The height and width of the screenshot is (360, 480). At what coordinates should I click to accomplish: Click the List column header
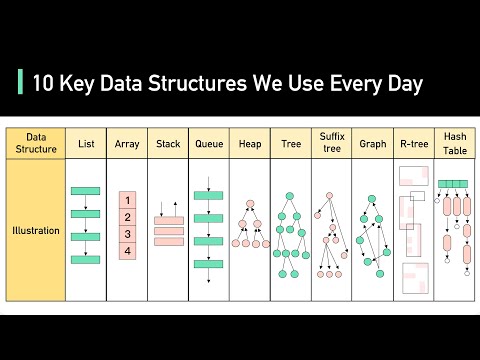coord(86,144)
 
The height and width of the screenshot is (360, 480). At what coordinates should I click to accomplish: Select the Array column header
coord(127,144)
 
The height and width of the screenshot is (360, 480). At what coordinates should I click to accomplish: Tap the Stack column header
coord(168,144)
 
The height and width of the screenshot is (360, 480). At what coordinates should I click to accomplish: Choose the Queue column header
coord(209,144)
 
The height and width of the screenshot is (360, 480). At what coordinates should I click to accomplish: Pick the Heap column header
coord(250,144)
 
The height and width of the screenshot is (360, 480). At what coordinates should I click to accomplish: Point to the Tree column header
coord(290,144)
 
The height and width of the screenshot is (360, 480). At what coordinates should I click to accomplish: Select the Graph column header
coord(372,144)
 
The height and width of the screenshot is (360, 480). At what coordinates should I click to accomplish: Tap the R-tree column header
coord(413,144)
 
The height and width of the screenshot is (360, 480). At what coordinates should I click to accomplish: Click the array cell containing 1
coord(128,200)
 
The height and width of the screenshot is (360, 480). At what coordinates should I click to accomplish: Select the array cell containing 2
coord(128,217)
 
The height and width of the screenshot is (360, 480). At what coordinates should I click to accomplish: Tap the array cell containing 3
coord(128,234)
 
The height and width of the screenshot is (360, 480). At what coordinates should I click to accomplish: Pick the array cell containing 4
coord(128,251)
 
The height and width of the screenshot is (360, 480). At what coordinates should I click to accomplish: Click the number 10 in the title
coord(44,84)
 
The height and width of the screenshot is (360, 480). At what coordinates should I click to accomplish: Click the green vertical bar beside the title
coord(21,84)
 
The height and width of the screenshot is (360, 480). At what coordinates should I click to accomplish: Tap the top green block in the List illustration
coord(86,190)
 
